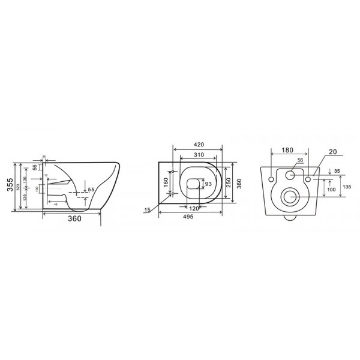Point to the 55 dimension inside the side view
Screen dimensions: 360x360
coord(91,190)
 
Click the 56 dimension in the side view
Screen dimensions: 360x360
coord(35,168)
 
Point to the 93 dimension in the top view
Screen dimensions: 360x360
coord(208,184)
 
